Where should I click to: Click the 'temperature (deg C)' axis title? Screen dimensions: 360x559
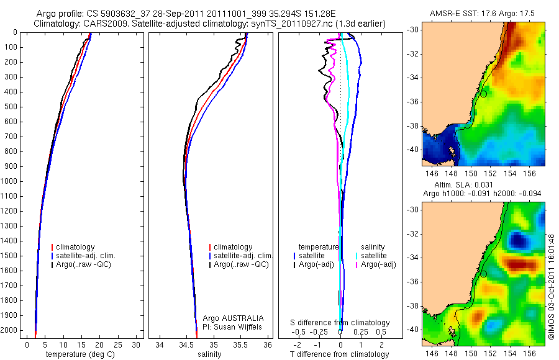[x=81, y=354]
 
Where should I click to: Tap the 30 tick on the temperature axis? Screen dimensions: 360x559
[x=136, y=344]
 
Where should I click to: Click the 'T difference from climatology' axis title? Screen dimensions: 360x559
[x=340, y=354]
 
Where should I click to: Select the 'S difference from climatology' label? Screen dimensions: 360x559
[x=340, y=323]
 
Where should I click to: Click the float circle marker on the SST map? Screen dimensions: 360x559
[x=483, y=93]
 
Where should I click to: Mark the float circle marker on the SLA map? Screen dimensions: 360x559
[x=483, y=273]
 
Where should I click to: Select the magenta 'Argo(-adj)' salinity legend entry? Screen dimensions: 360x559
[x=378, y=264]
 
